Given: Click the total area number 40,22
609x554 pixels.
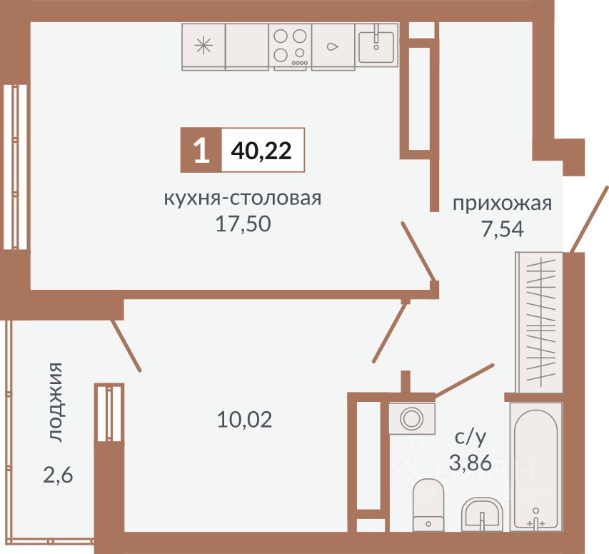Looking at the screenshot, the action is point(262,151).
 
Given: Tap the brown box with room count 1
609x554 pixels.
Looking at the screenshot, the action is point(201,151).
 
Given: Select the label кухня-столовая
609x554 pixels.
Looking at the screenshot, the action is point(243,198).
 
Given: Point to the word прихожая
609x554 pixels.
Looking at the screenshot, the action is point(503,203).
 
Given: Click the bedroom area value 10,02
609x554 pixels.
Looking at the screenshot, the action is point(244,419).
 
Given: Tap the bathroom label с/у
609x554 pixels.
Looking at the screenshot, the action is point(470,437).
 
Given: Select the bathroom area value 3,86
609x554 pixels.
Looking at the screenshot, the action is point(470,463).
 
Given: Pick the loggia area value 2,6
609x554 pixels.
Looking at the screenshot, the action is point(57,473).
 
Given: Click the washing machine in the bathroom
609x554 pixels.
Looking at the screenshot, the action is point(411,418).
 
